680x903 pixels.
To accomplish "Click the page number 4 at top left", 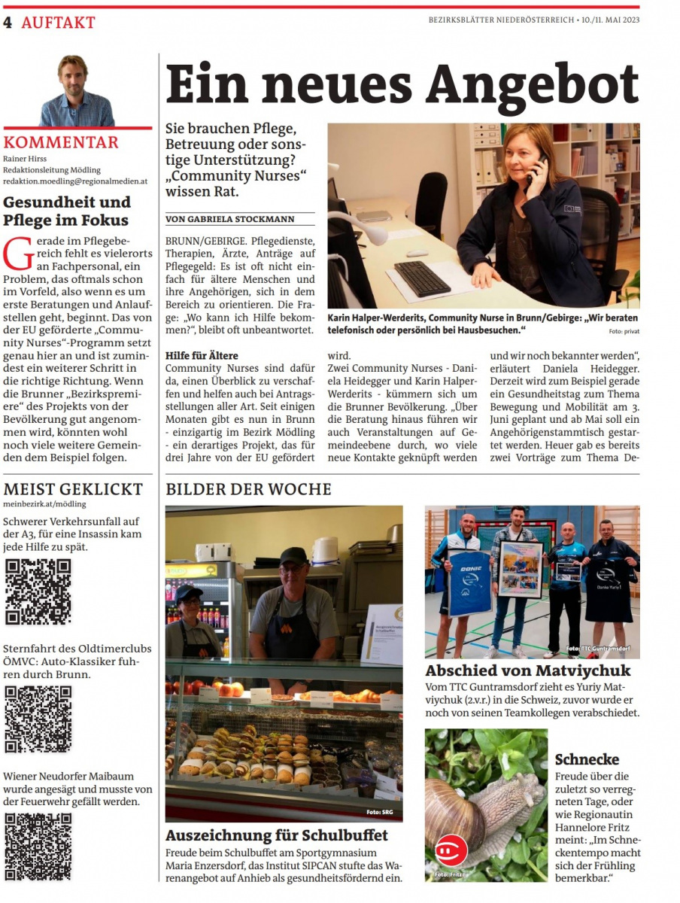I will click(x=8, y=22).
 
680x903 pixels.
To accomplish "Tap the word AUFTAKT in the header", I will click(x=58, y=23).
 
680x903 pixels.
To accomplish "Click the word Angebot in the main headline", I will click(x=532, y=84).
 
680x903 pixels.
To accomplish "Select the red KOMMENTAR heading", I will click(x=61, y=143).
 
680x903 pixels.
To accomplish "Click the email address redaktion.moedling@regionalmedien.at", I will click(x=75, y=181).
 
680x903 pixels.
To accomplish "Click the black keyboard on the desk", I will click(x=422, y=278).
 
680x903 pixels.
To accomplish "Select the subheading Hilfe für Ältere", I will click(x=202, y=355).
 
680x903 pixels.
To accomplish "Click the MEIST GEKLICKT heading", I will click(x=73, y=489).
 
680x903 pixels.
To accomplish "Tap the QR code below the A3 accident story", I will click(x=38, y=591).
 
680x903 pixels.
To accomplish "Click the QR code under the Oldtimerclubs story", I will click(x=38, y=719).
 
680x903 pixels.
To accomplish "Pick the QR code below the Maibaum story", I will click(x=38, y=847).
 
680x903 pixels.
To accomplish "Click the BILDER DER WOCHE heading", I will click(x=248, y=489).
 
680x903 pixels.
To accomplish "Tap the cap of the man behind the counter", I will click(x=293, y=556).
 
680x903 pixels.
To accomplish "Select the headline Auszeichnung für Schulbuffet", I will click(x=277, y=835).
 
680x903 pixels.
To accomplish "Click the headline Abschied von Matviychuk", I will click(x=528, y=670).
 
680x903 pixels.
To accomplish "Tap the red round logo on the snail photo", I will click(x=451, y=850).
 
